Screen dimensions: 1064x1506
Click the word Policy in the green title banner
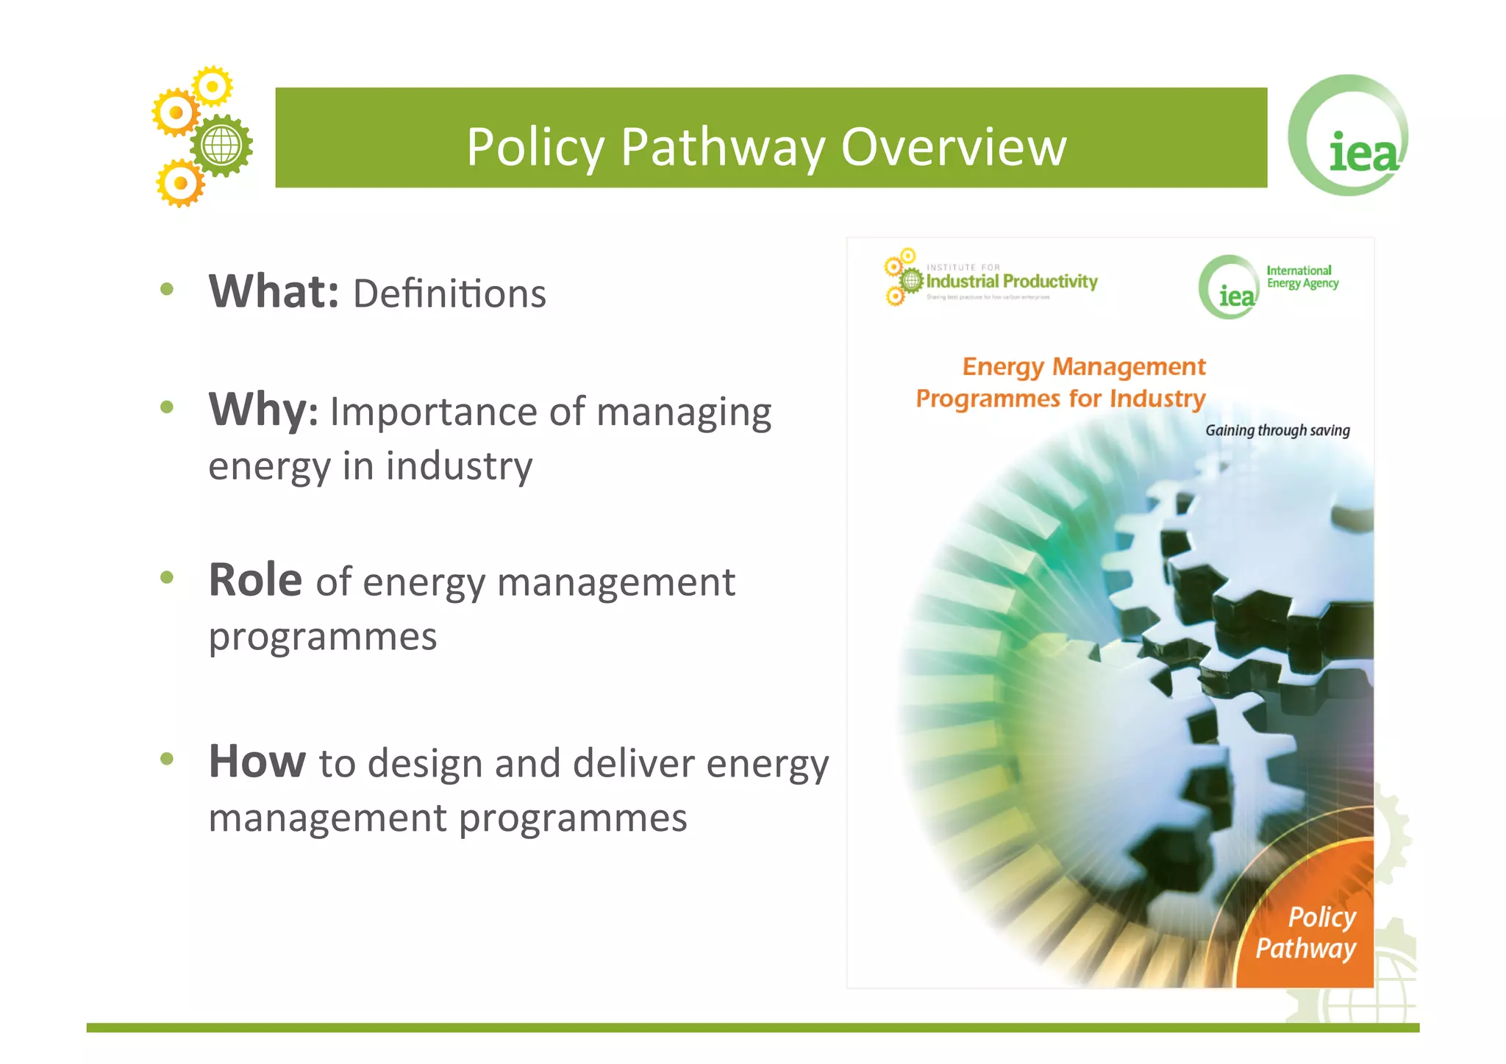coord(535,147)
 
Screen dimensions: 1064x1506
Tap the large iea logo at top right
coord(1349,137)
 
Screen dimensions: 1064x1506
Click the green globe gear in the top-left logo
coord(221,145)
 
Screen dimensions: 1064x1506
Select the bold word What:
coord(274,291)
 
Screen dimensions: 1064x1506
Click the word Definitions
coord(449,294)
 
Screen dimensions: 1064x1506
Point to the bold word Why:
coord(263,410)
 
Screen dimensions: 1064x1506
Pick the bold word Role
coord(255,580)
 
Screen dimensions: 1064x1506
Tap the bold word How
coord(257,761)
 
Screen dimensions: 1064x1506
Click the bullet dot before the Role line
coord(167,578)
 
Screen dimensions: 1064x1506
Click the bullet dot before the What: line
coord(167,290)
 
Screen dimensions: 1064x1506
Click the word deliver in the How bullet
coord(633,763)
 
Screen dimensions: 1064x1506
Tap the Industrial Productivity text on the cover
coord(1011,282)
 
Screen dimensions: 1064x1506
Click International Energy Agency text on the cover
coord(1302,277)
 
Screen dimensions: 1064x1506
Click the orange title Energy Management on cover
coord(1084,366)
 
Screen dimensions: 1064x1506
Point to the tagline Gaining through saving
coord(1277,431)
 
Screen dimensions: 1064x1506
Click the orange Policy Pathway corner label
coord(1307,932)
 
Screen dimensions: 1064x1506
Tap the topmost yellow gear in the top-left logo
coord(213,87)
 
